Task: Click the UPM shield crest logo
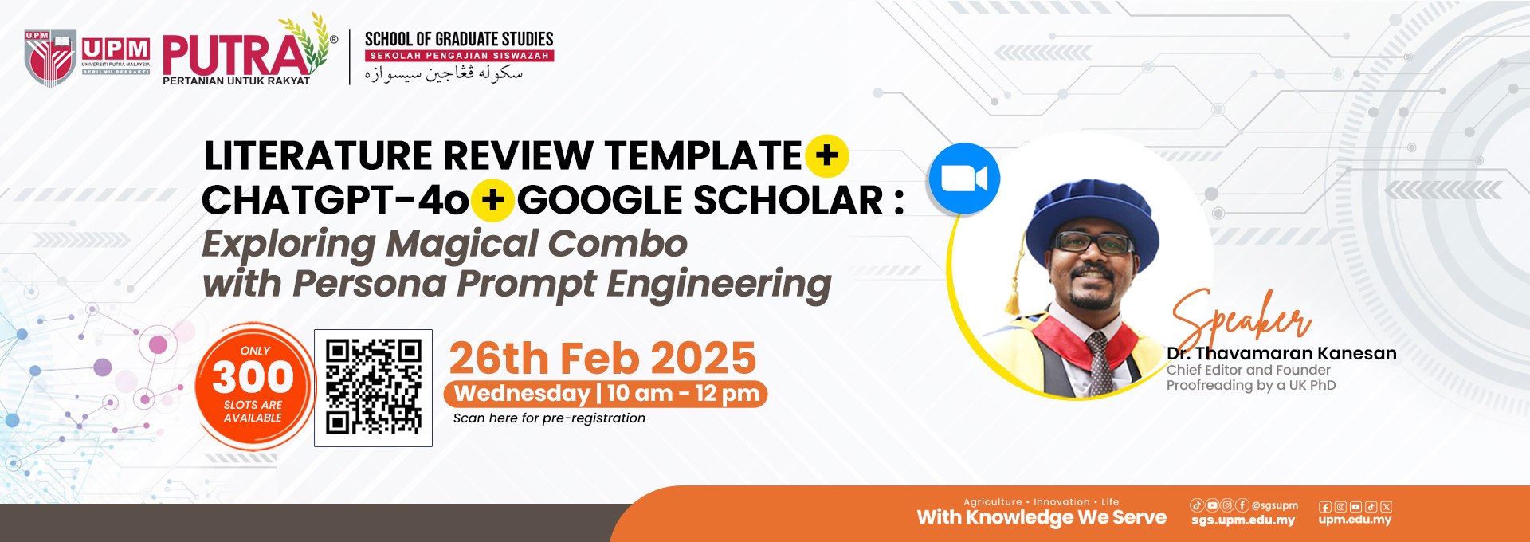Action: [50, 57]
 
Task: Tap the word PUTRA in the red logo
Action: [235, 56]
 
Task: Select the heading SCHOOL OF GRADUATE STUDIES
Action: [459, 39]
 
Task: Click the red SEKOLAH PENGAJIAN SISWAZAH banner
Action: [459, 56]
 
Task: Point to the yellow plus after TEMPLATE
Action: [827, 155]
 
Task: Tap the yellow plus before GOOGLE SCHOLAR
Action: [493, 200]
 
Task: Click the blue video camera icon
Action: [964, 179]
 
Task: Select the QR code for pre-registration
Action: [373, 387]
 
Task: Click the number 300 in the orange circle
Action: [253, 377]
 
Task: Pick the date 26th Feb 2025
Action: [602, 358]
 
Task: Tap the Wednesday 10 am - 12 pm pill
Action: [606, 394]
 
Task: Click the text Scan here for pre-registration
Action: [549, 418]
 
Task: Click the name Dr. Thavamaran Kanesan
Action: [1281, 353]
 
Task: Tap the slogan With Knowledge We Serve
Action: [1042, 518]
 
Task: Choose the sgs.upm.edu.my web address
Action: [1243, 520]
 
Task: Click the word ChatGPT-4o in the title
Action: [335, 200]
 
